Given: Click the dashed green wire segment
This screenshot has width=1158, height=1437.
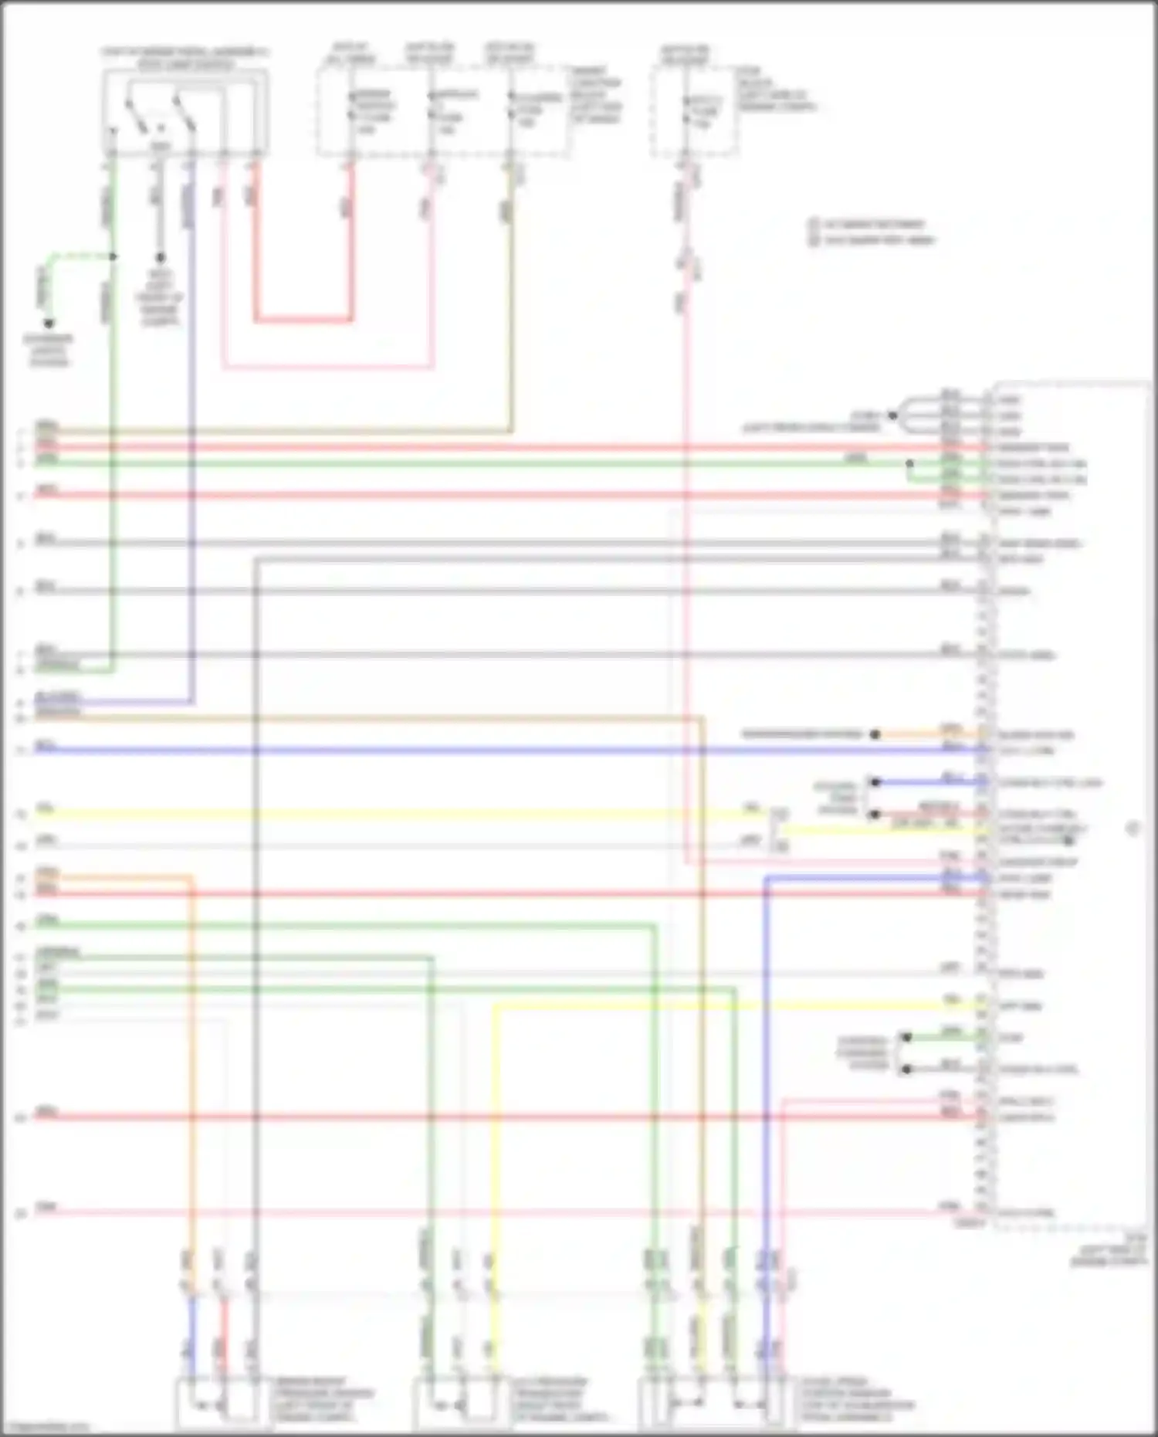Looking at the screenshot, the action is (77, 256).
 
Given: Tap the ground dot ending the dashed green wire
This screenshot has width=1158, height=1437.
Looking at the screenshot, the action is (49, 324).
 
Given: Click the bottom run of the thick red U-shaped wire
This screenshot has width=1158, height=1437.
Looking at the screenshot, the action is (303, 319).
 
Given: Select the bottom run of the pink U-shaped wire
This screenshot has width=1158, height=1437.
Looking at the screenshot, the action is (327, 368).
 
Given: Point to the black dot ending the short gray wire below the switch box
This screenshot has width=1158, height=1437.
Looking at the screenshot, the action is (161, 258).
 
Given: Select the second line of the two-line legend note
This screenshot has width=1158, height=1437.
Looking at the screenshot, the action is (875, 240).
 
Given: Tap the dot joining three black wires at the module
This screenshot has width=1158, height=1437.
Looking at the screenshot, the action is (892, 415).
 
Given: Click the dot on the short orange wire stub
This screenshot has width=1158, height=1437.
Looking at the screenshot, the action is (875, 734).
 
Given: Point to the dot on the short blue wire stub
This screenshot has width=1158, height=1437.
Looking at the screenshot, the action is (875, 782).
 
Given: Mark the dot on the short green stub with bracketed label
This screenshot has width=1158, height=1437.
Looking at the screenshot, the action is (907, 1038).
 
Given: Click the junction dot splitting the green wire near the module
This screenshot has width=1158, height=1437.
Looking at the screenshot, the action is (909, 463).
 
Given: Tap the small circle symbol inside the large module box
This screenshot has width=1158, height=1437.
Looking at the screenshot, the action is (1133, 829).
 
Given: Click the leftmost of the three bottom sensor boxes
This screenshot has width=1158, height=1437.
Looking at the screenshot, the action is (218, 1403).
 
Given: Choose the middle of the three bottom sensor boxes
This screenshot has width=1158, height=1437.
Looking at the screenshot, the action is (454, 1403).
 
